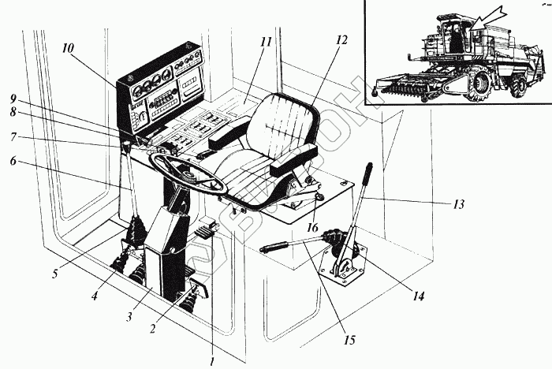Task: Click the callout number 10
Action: point(69,48)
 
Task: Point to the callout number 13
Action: point(457,205)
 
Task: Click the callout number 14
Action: point(419,296)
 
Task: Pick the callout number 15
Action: point(349,341)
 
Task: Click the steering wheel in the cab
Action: point(189,173)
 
